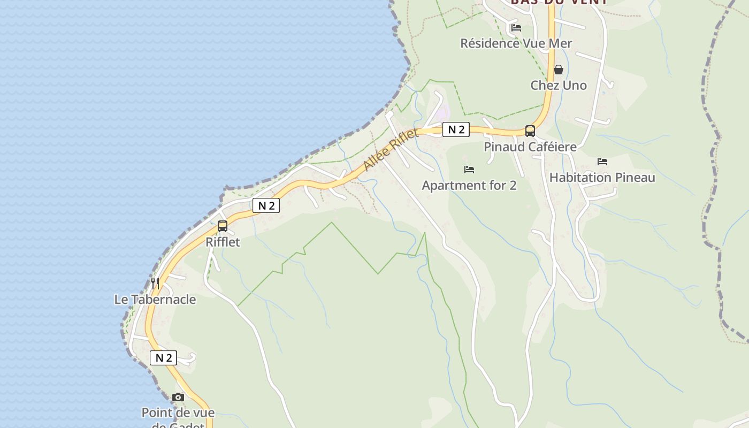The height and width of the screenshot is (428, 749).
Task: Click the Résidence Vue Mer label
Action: point(516,43)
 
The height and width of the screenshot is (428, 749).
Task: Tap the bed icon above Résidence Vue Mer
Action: point(516,28)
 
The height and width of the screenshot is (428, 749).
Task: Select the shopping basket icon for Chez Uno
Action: point(559,70)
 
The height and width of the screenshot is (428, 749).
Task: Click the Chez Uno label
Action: point(559,85)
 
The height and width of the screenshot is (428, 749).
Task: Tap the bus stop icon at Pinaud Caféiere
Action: point(530,131)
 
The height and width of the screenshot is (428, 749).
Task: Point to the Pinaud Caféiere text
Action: point(530,147)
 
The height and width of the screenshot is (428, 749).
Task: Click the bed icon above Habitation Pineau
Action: point(602,161)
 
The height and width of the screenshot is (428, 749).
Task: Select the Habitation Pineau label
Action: point(602,177)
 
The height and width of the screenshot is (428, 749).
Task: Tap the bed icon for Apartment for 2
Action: point(469,170)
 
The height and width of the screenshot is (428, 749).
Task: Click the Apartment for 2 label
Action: point(469,186)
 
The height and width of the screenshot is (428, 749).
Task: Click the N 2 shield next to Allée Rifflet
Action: point(456,129)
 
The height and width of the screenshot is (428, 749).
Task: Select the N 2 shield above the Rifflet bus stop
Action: point(266,205)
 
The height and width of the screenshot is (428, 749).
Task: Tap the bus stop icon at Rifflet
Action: point(223,226)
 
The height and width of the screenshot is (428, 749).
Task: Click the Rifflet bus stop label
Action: point(223,242)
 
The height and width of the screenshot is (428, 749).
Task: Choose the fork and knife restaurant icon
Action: point(155,283)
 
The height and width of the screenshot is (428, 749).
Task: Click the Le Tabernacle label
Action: point(155,299)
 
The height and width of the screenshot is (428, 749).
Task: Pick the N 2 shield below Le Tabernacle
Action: point(163,358)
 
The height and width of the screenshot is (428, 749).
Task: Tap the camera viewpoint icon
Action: point(178,397)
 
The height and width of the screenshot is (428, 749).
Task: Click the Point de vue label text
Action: point(178,412)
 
